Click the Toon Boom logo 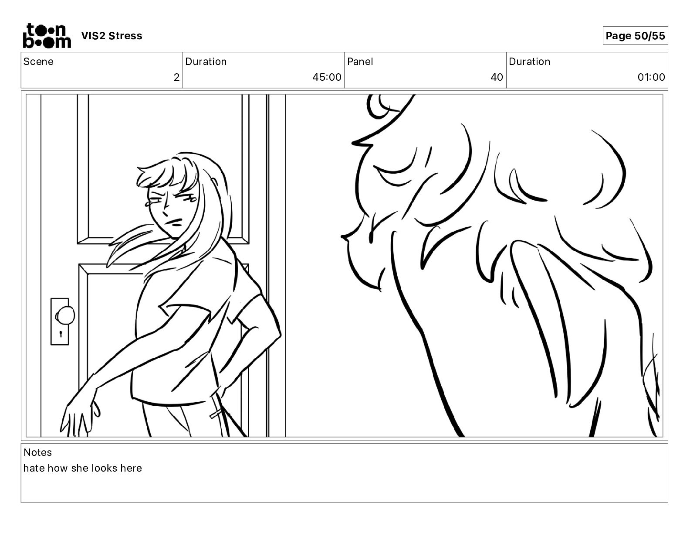[x=47, y=36]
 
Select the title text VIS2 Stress [x=112, y=36]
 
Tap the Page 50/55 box [x=635, y=36]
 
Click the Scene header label [x=38, y=62]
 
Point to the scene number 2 [x=176, y=77]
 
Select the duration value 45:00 [x=327, y=77]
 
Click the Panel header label [x=360, y=62]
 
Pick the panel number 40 [x=497, y=77]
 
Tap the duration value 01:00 [x=651, y=77]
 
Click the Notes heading [x=37, y=452]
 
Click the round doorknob [x=66, y=315]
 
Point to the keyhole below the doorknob [x=61, y=334]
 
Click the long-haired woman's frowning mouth [x=176, y=222]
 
